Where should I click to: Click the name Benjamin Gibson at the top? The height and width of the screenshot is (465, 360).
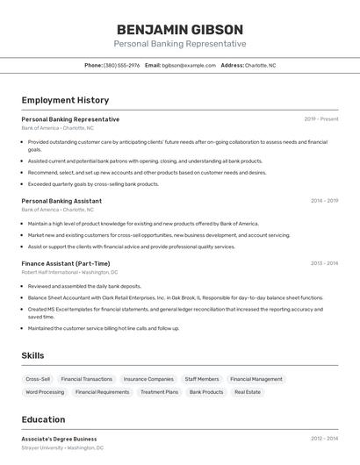click(179, 29)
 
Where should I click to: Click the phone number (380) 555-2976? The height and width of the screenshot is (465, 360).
click(121, 65)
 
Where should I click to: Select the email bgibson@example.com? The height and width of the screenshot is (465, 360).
click(189, 65)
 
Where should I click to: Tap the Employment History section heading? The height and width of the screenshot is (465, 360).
click(65, 100)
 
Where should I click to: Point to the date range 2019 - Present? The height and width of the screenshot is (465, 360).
click(321, 119)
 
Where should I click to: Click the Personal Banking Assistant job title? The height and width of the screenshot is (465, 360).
click(61, 201)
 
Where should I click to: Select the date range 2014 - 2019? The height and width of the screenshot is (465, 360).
click(324, 201)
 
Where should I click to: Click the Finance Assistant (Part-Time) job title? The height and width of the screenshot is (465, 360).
click(66, 263)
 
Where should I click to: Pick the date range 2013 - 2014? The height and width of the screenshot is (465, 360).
click(324, 263)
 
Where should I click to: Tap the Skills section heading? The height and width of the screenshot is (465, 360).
click(33, 355)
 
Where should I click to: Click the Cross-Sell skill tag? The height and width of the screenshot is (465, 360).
click(38, 379)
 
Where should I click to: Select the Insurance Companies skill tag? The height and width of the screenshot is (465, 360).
click(148, 379)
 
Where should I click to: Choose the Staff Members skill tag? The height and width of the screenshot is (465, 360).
click(202, 379)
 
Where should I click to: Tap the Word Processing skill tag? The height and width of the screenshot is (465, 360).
click(45, 392)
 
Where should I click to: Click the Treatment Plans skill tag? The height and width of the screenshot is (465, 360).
click(159, 392)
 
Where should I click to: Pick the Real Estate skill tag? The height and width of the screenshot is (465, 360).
click(248, 392)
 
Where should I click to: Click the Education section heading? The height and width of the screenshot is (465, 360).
click(43, 419)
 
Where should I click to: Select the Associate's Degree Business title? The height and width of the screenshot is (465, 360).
click(59, 439)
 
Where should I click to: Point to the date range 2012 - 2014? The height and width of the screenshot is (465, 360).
click(324, 439)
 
